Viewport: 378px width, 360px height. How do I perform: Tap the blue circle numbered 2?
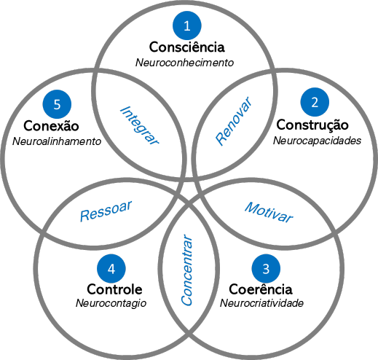(x=315, y=103)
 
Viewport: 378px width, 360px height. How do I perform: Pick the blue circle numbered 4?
(x=111, y=269)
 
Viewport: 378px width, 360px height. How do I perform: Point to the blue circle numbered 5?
(x=57, y=103)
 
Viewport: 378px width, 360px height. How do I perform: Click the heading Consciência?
(x=187, y=47)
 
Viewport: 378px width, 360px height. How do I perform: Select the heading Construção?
(x=312, y=125)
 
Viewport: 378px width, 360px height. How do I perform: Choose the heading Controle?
(x=114, y=289)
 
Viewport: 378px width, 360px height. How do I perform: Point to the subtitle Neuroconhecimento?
(x=185, y=63)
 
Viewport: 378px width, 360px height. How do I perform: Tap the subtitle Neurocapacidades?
(x=317, y=141)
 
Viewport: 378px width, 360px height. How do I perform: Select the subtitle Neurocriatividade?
(x=261, y=303)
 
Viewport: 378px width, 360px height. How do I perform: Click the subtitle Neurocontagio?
(x=111, y=303)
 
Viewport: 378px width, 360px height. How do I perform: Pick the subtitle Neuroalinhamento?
(x=56, y=140)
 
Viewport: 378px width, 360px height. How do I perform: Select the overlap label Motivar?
(x=268, y=212)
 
